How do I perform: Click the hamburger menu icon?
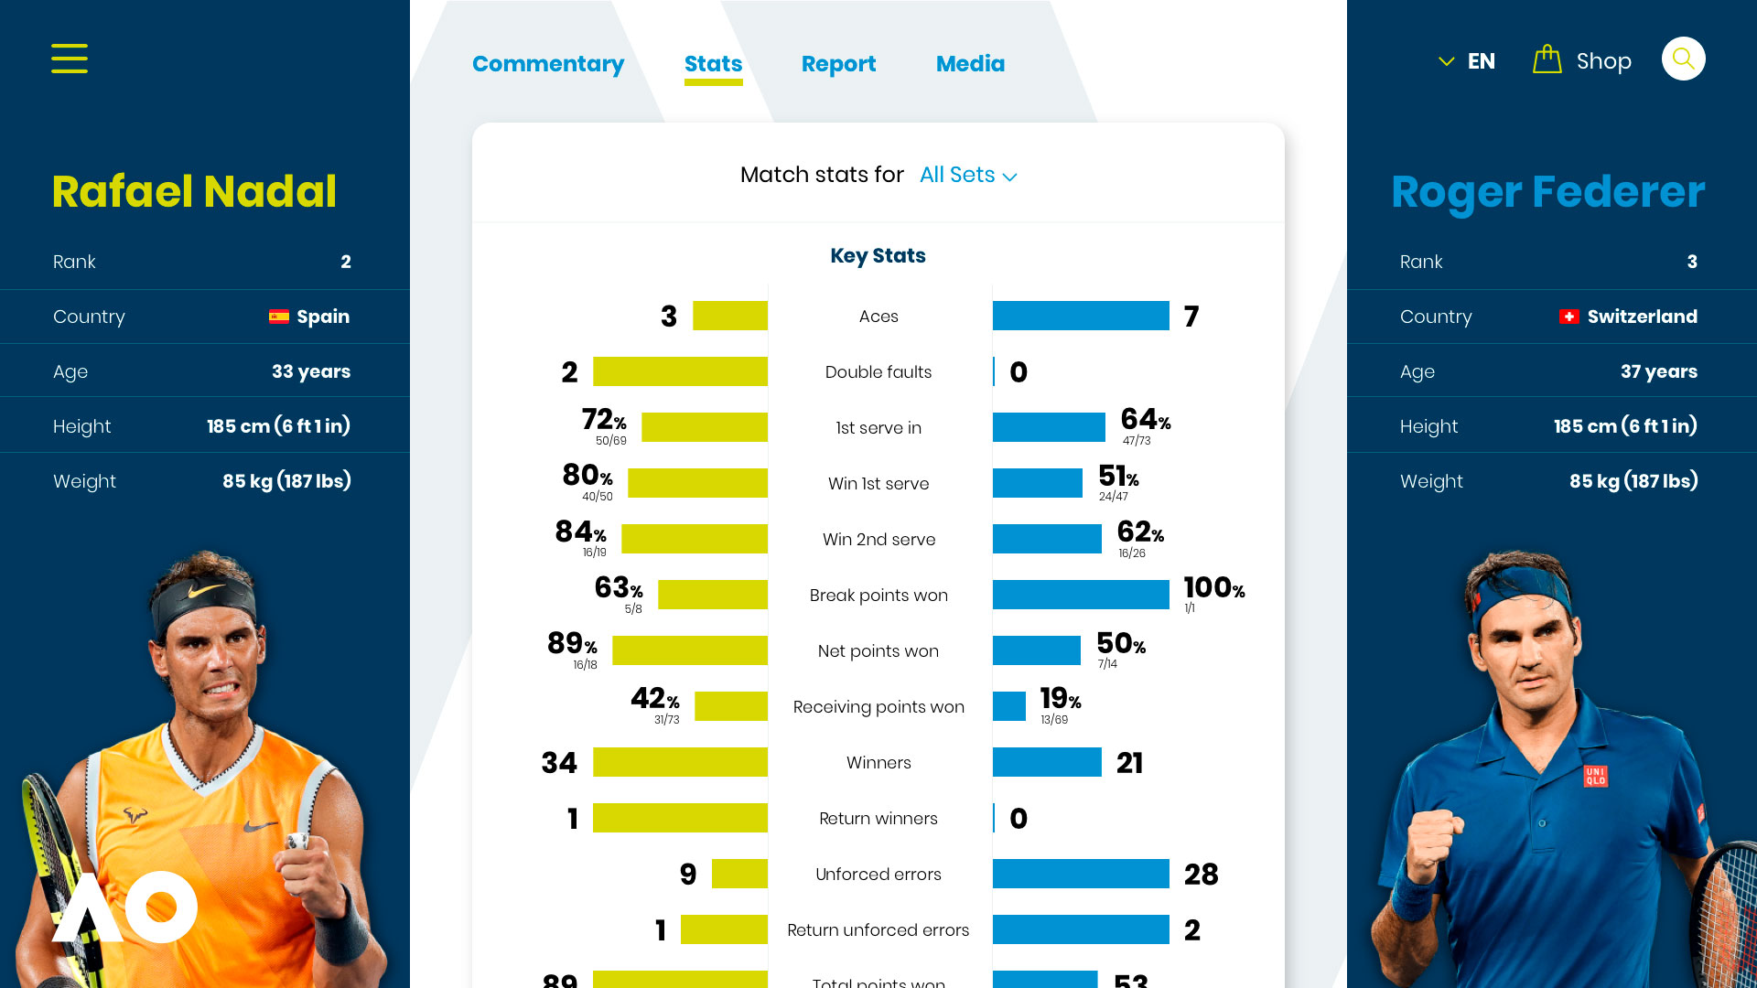tap(70, 59)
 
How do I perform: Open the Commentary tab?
tap(548, 64)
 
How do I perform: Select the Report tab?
tap(838, 64)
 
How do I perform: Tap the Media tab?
tap(970, 64)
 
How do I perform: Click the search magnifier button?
tap(1683, 59)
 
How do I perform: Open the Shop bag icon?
tap(1547, 59)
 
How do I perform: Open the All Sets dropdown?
tap(968, 175)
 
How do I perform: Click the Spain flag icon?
tap(279, 317)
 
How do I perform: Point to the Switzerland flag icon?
tap(1568, 317)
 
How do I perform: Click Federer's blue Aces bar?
tap(1081, 316)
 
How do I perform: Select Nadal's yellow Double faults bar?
tap(680, 371)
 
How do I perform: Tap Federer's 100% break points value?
tap(1214, 587)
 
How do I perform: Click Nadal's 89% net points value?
tap(572, 643)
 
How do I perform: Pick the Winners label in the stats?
tap(878, 763)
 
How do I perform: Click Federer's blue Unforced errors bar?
tap(1081, 874)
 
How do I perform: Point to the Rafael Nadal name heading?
tap(194, 192)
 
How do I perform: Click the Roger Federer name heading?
tap(1548, 193)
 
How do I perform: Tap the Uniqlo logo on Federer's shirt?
tap(1595, 777)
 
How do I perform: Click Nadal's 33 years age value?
tap(311, 371)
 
